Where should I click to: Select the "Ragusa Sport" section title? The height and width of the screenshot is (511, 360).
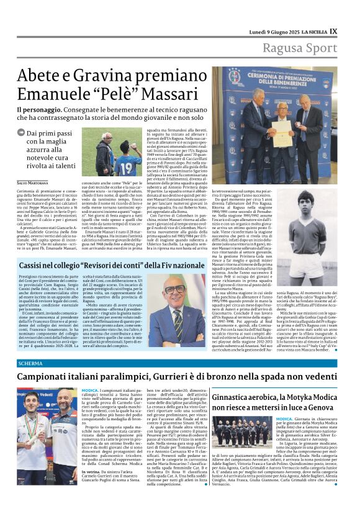pos(300,48)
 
